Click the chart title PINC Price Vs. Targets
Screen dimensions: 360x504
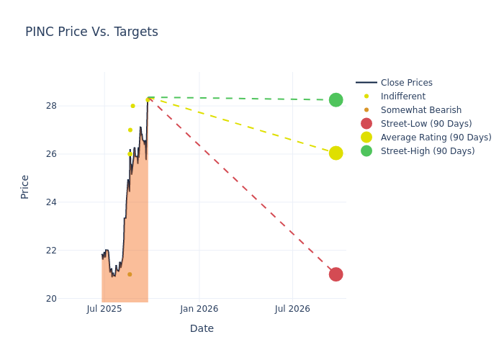tap(91, 32)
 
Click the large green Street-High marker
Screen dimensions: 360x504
tap(336, 100)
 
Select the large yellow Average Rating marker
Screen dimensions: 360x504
tap(336, 153)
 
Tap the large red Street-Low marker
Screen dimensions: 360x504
tap(336, 274)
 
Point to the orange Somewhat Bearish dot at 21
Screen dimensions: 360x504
tap(130, 274)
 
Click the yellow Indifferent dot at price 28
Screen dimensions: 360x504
tap(132, 106)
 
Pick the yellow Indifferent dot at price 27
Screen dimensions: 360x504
tap(130, 130)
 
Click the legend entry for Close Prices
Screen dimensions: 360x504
tap(406, 83)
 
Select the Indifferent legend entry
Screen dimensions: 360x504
tap(402, 96)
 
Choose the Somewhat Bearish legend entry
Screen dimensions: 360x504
tap(420, 110)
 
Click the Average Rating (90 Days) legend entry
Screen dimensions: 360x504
tap(436, 138)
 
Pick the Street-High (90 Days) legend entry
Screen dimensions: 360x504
tap(428, 151)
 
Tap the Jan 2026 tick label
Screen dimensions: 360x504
tap(199, 309)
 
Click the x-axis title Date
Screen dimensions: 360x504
tap(202, 329)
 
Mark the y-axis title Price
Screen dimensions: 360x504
tap(25, 186)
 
